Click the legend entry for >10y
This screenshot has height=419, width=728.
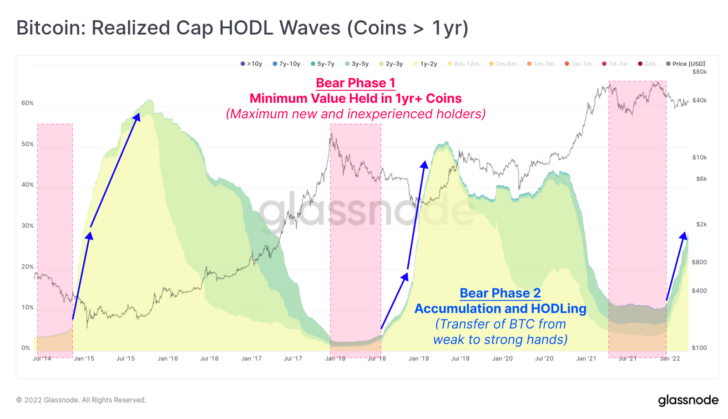(252, 64)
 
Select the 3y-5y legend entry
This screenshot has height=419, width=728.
(357, 64)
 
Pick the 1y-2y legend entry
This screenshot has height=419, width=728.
(425, 64)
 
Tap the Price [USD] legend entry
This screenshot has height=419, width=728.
(686, 64)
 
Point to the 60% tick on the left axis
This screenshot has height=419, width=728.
(27, 103)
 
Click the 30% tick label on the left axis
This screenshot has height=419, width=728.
(27, 226)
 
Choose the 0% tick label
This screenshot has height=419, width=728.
(25, 348)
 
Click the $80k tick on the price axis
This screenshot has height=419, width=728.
(699, 72)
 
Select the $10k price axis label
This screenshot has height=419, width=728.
(699, 157)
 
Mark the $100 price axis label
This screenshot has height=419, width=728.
(699, 348)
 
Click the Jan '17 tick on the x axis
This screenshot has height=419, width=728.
(252, 359)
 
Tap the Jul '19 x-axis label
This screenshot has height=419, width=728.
(460, 359)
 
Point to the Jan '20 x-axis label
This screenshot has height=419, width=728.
(502, 359)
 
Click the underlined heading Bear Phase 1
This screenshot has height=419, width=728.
(355, 83)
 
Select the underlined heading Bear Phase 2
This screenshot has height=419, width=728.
(500, 293)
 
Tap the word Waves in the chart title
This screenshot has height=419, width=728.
(309, 28)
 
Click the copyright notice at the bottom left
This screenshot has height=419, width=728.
(81, 400)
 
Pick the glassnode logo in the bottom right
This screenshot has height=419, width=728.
(688, 400)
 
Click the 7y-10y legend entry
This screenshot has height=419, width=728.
(287, 64)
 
